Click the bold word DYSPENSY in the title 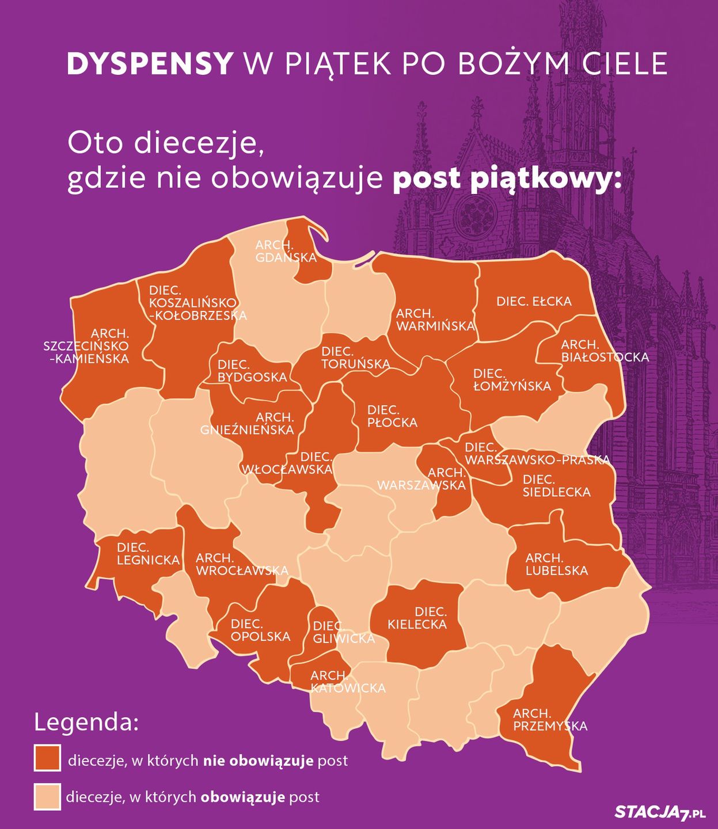150,64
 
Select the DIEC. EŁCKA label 534,301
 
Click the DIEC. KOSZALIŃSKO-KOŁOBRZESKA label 197,303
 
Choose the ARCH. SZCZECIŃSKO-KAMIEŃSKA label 86,346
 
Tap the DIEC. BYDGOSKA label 252,371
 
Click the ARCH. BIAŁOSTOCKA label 605,351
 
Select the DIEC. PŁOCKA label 392,416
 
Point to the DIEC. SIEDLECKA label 556,486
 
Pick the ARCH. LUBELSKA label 556,564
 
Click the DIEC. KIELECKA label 417,618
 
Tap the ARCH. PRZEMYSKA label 550,720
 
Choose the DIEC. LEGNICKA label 148,553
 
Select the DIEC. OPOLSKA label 260,630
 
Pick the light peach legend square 47,796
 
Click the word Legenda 86,722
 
